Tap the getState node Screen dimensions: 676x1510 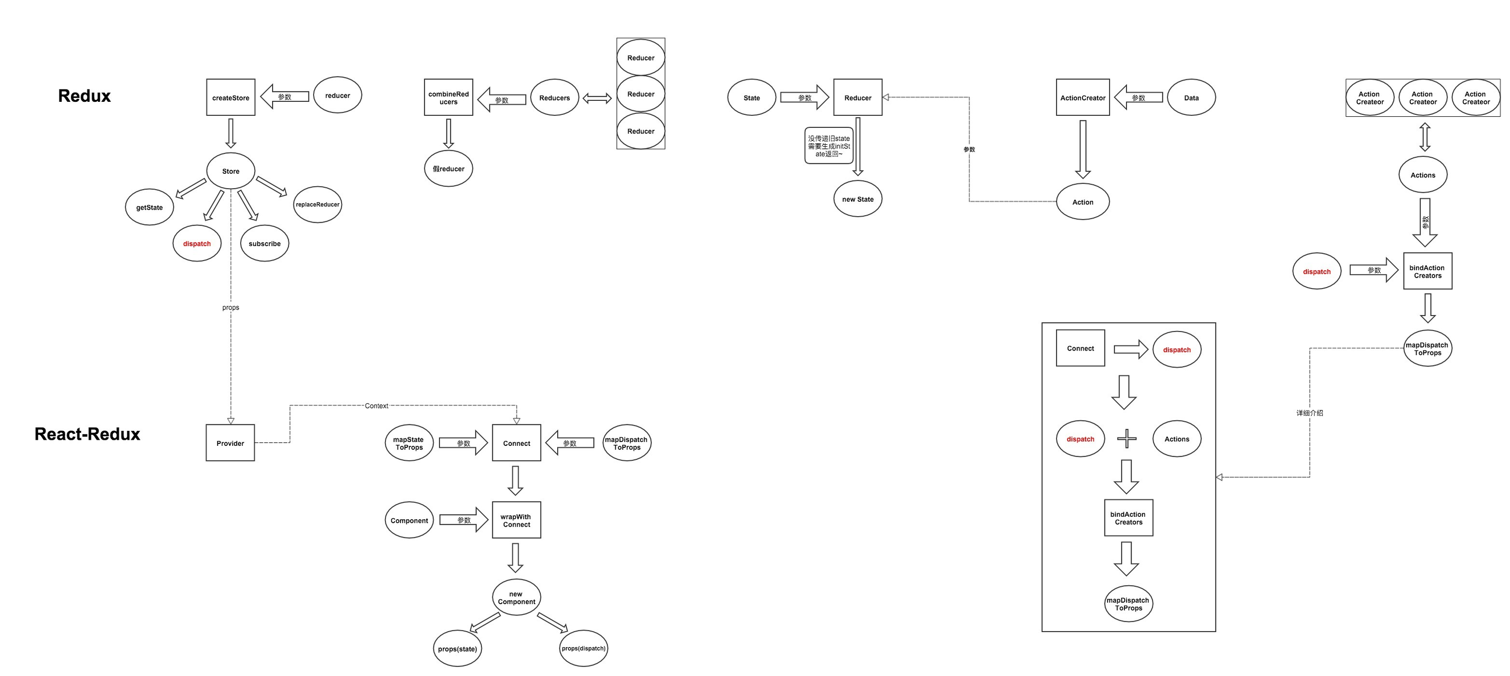(x=149, y=207)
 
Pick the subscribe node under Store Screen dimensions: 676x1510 (x=264, y=243)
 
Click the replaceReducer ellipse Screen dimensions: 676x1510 (x=317, y=205)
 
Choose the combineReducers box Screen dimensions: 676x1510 (x=448, y=97)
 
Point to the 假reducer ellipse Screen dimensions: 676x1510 (x=448, y=169)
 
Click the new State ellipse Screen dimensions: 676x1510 (x=857, y=199)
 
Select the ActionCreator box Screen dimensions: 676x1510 (x=1083, y=97)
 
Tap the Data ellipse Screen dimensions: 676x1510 (x=1191, y=97)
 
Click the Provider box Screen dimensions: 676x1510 (x=230, y=443)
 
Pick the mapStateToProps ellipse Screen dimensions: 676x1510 (x=409, y=443)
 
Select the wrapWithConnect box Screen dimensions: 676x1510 (x=516, y=520)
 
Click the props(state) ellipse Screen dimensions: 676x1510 (x=457, y=649)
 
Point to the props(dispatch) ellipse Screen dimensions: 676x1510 (x=583, y=648)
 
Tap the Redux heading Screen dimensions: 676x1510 (x=84, y=95)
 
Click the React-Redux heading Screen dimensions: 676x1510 (x=87, y=434)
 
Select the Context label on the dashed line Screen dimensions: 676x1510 (x=377, y=406)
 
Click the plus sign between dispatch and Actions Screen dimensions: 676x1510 (x=1127, y=438)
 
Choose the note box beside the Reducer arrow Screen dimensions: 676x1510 (x=828, y=146)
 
